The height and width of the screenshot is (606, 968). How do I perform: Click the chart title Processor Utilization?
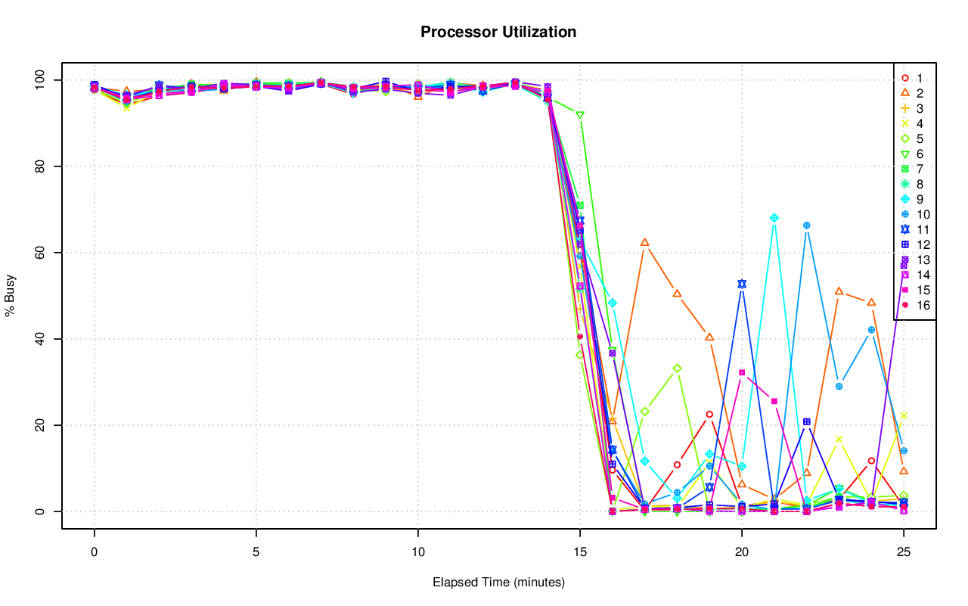498,33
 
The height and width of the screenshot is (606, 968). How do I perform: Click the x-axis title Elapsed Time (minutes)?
498,583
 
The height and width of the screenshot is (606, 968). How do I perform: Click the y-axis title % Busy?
11,296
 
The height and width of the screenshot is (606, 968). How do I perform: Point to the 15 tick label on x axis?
580,552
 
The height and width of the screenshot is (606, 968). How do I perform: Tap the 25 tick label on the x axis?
904,552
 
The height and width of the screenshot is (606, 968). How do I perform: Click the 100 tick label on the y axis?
38,80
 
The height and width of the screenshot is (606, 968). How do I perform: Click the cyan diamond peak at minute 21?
774,218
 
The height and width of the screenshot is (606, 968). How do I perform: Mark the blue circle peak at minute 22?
807,225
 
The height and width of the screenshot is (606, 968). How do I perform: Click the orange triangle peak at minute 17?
645,243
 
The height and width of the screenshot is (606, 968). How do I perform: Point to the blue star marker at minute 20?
742,284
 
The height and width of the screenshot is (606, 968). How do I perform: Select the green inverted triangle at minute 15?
580,115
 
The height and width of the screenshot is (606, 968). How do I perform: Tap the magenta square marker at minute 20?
742,372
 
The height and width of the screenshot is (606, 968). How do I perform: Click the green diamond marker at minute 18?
677,368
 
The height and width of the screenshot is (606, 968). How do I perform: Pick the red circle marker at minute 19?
709,415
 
